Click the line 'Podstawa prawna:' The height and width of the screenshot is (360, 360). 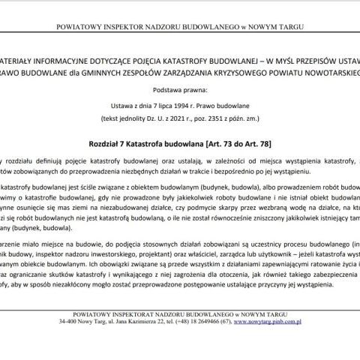pyautogui.click(x=180, y=92)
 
